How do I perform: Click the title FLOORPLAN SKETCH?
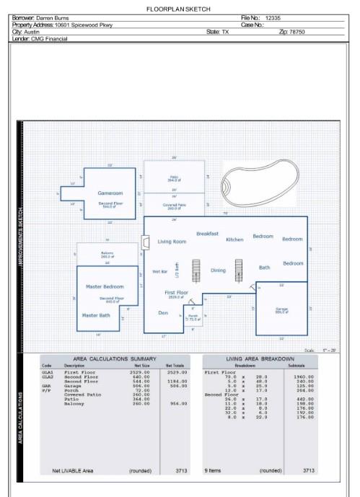click(180, 9)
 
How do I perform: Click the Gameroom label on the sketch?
click(110, 193)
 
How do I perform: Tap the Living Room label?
click(172, 242)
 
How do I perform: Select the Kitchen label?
click(234, 239)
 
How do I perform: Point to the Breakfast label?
click(207, 234)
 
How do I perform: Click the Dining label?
click(217, 271)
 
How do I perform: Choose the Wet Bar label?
click(159, 272)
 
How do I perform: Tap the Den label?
click(163, 312)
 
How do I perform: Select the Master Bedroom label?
click(105, 287)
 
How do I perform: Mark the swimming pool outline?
click(260, 183)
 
